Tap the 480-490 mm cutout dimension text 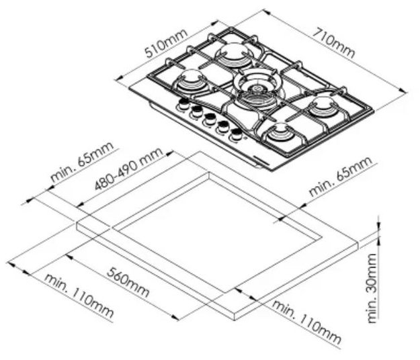[x=128, y=169]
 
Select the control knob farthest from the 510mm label [x=236, y=134]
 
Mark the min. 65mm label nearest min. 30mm [x=341, y=176]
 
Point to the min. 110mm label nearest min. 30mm [x=306, y=322]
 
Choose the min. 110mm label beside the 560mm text [x=79, y=296]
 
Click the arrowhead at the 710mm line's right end [x=404, y=91]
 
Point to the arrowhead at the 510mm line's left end [x=118, y=79]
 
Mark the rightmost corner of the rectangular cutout [x=322, y=237]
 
